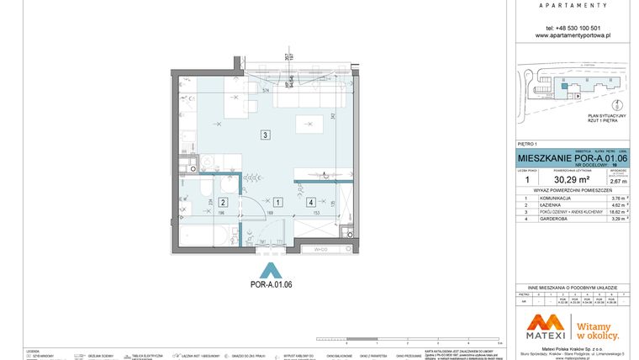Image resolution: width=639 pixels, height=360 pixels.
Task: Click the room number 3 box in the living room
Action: click(265, 135)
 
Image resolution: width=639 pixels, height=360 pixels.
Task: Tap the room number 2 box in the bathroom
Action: click(222, 203)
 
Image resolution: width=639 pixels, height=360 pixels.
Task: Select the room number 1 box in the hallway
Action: click(277, 203)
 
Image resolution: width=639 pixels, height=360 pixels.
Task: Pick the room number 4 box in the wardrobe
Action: click(311, 203)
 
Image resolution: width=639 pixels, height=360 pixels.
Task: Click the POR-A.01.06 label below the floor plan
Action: click(271, 285)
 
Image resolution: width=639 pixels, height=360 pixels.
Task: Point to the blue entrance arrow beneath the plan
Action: click(271, 270)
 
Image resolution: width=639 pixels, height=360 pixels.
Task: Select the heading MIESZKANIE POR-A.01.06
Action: click(571, 157)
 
